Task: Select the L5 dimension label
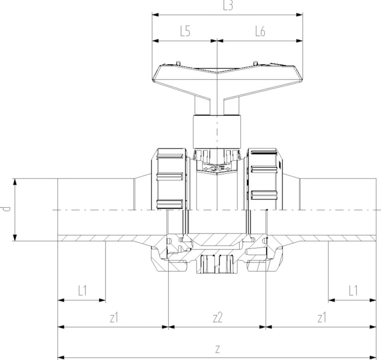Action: (x=185, y=32)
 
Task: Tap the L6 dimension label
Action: (x=260, y=32)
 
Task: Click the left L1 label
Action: (x=82, y=290)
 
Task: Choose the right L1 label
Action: (x=353, y=290)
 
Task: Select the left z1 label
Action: (x=114, y=318)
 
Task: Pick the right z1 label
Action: (x=322, y=318)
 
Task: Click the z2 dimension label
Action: (x=217, y=318)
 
